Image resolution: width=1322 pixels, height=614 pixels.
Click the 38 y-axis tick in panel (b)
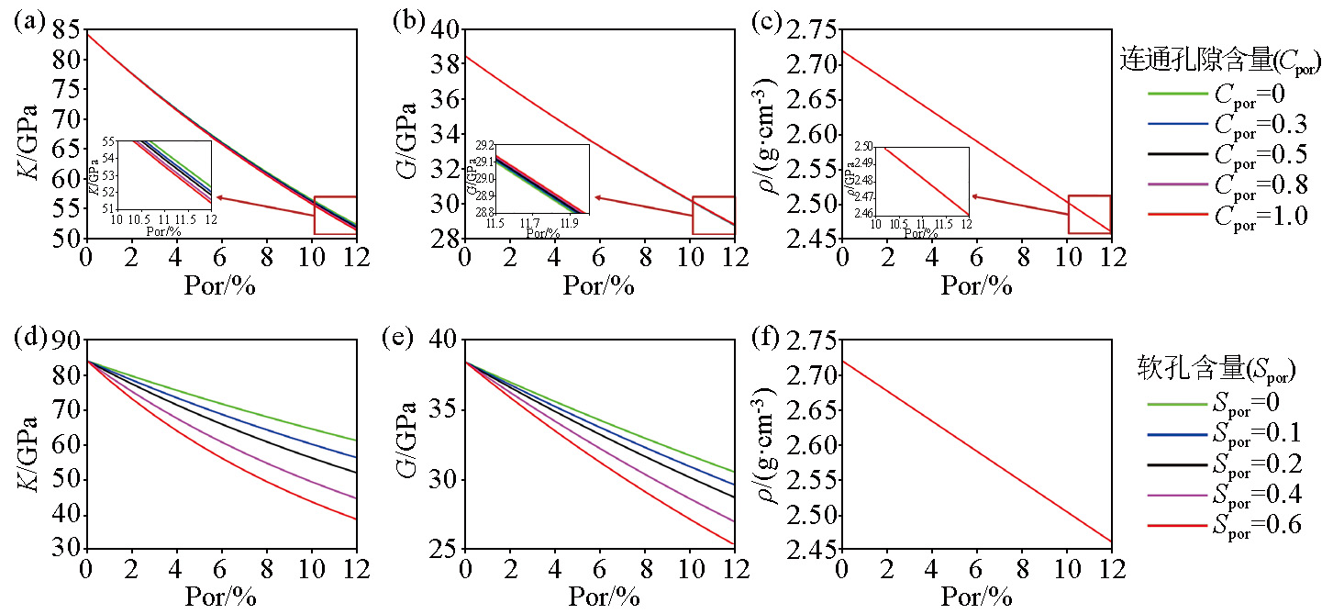click(x=444, y=64)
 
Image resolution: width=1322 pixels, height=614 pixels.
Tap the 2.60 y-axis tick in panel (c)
click(x=814, y=135)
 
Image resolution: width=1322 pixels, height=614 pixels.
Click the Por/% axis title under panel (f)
click(x=976, y=597)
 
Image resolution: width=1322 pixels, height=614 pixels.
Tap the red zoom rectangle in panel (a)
click(x=335, y=215)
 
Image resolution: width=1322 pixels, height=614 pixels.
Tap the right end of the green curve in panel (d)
click(x=355, y=441)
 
